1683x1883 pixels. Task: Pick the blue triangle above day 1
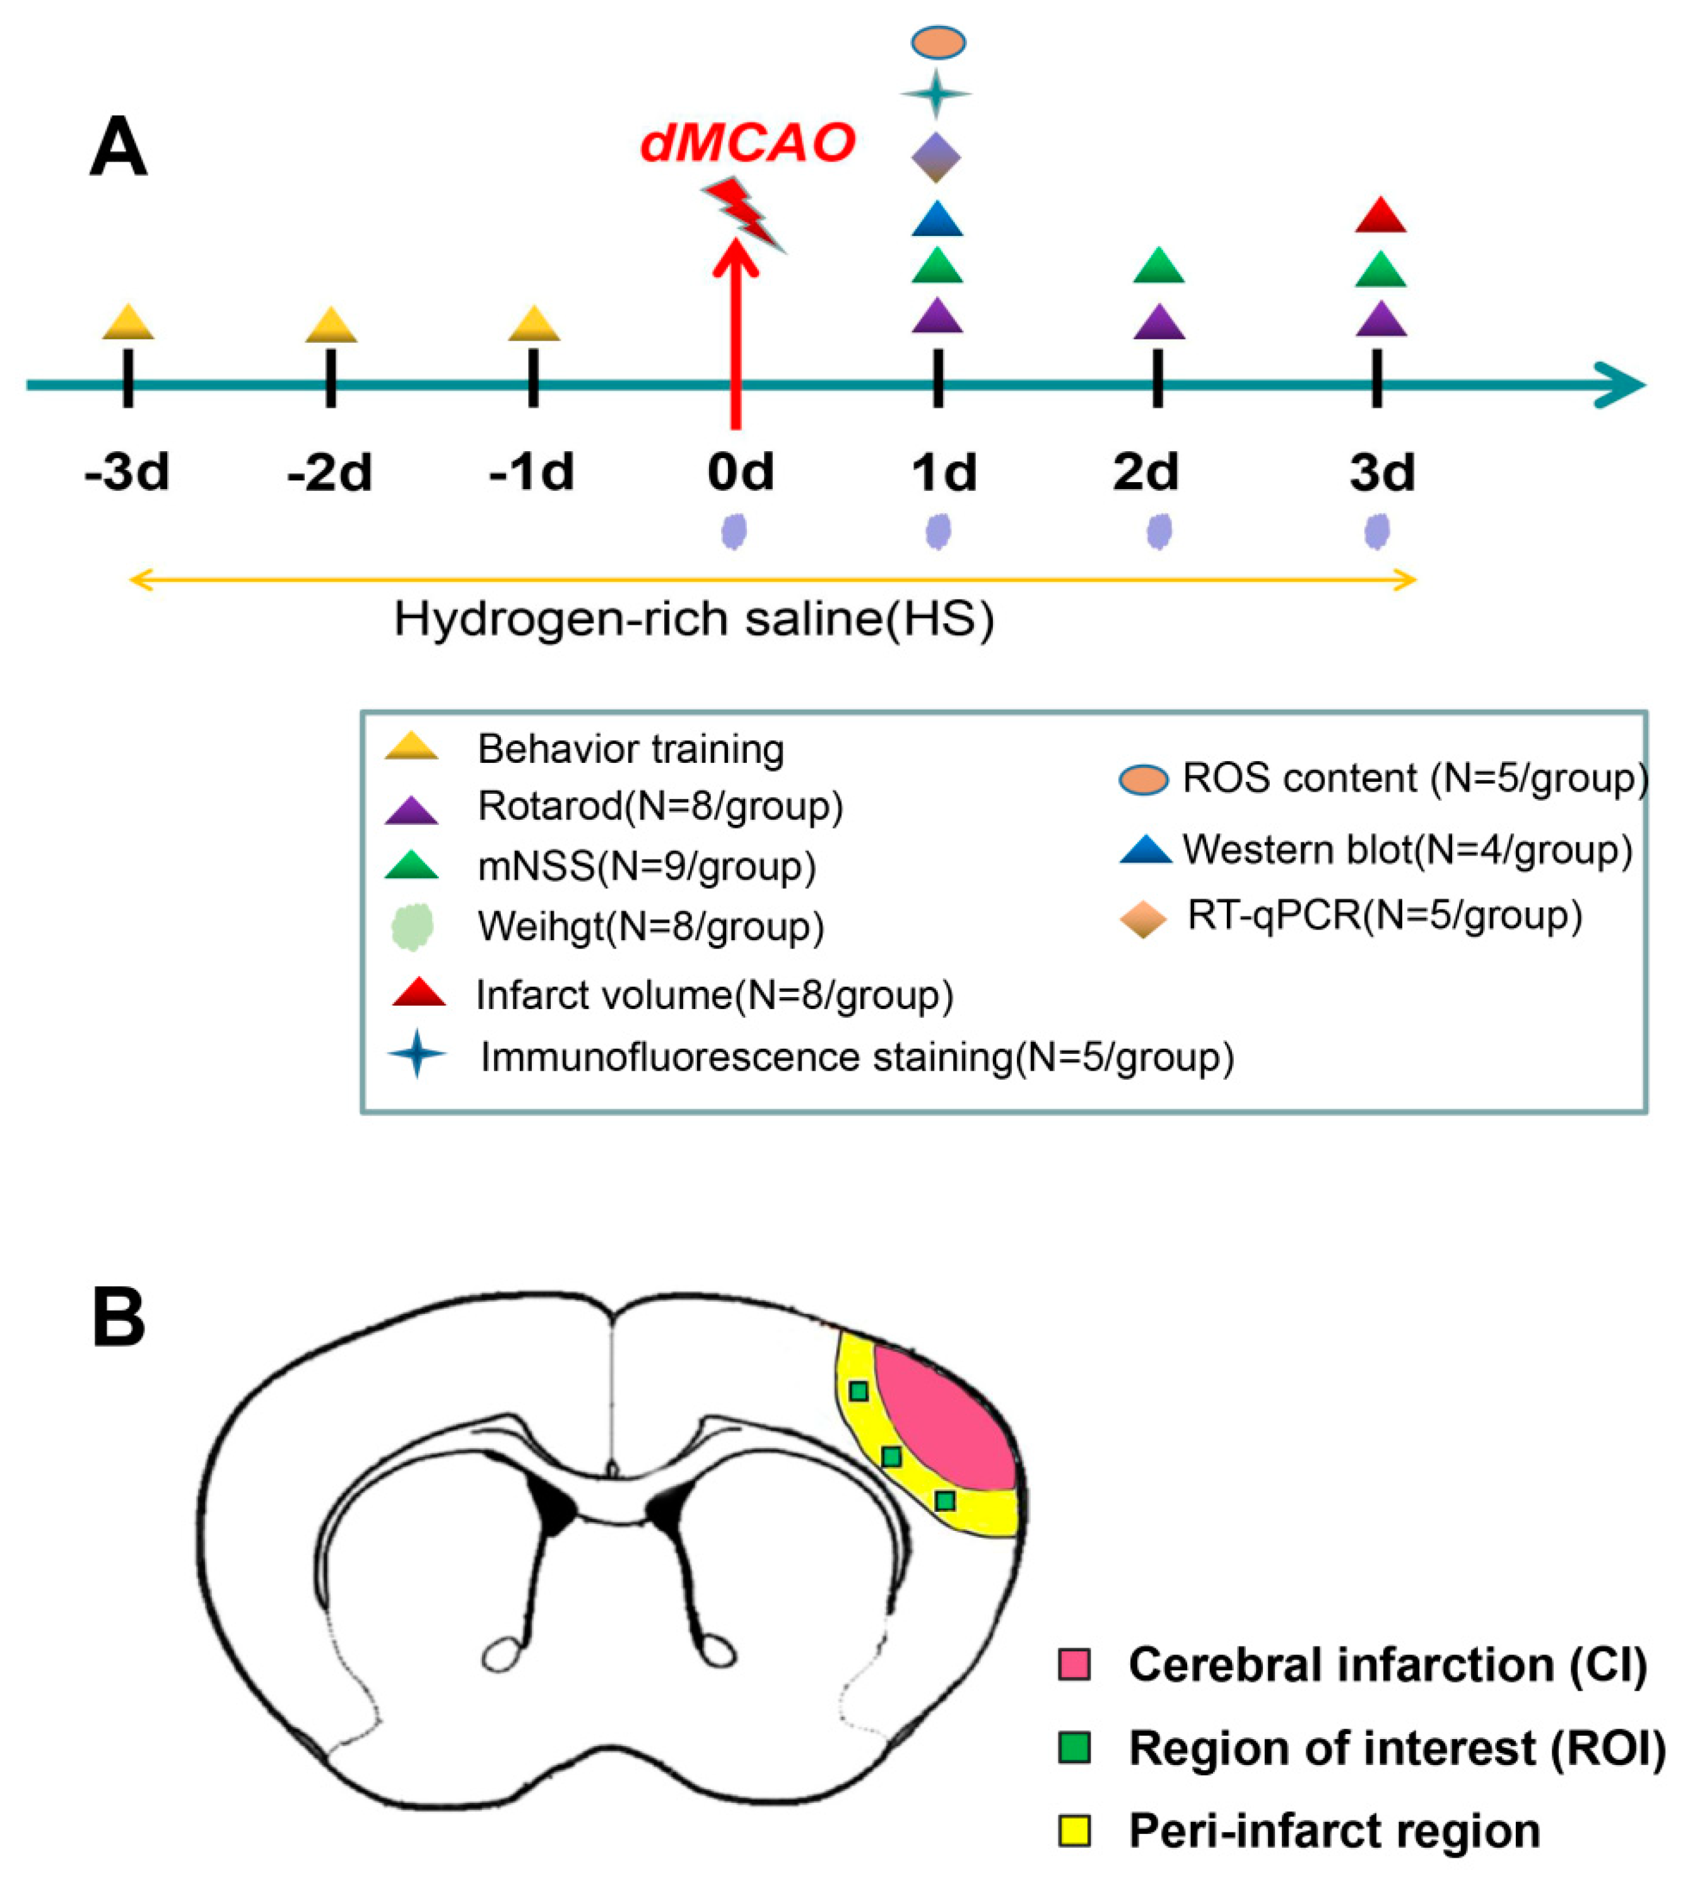pos(937,220)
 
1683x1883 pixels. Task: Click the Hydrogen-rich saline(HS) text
pos(693,618)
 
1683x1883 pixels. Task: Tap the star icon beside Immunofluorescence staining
pos(417,1054)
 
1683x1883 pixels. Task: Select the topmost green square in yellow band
pos(858,1391)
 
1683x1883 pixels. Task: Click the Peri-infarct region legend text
pos(1334,1830)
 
